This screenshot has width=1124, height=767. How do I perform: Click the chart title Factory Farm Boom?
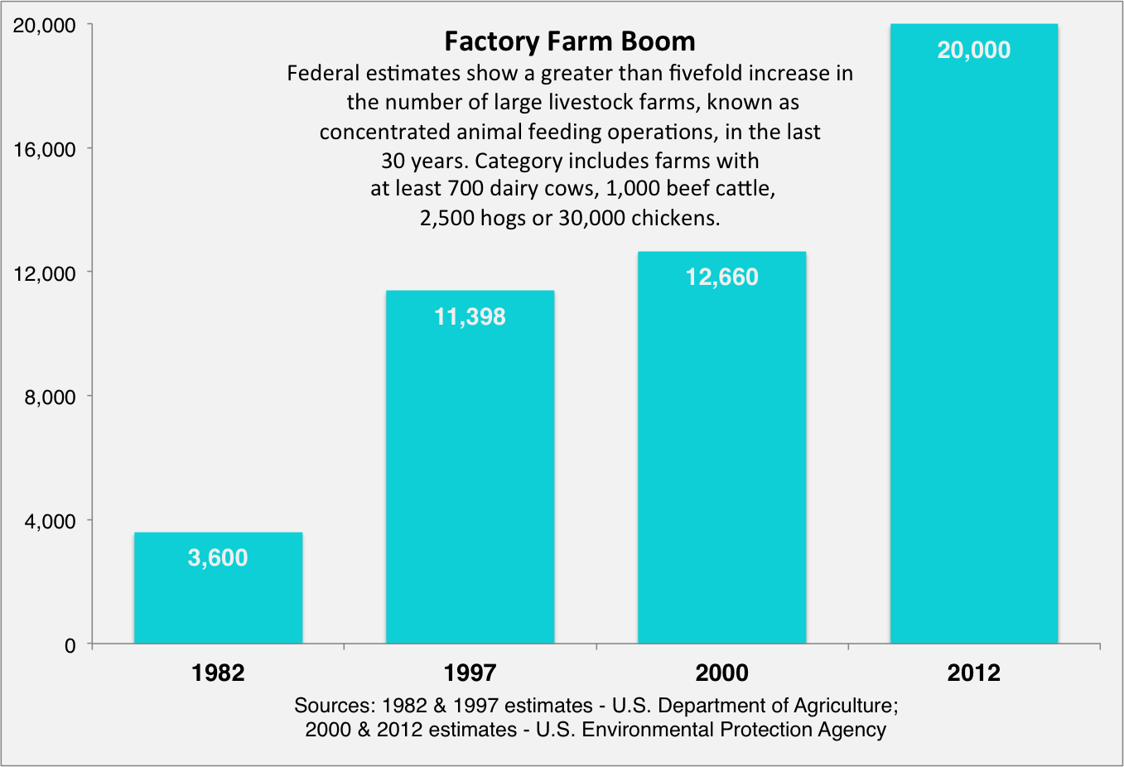click(570, 41)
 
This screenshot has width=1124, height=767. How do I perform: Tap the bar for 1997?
click(470, 480)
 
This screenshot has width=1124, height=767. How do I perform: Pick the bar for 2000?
click(721, 464)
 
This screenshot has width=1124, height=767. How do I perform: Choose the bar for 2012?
click(973, 348)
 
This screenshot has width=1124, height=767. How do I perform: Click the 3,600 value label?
click(218, 558)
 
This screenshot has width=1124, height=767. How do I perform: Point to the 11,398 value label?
click(470, 316)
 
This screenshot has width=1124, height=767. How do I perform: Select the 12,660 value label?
click(721, 277)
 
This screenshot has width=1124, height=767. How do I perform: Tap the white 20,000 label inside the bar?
click(973, 51)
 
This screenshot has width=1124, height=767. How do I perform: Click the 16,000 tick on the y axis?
click(45, 150)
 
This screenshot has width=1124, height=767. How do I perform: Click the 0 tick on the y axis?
click(70, 646)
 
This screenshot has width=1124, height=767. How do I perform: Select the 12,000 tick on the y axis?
click(45, 273)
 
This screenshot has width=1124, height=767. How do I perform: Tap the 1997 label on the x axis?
click(470, 673)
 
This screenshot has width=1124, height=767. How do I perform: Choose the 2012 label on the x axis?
click(973, 673)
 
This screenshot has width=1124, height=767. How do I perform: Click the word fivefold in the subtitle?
click(712, 74)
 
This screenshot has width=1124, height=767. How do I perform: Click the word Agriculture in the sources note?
click(844, 706)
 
